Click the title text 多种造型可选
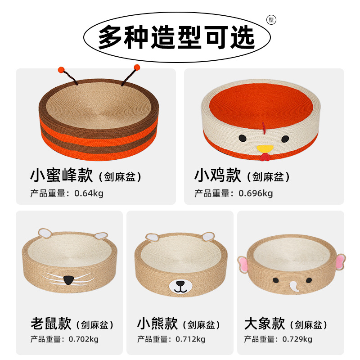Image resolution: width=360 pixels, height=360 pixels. [x=177, y=37]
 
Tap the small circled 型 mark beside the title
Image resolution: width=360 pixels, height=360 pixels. [x=271, y=20]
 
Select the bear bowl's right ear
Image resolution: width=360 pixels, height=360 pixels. [x=207, y=235]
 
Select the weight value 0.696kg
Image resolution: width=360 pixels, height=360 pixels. [x=256, y=193]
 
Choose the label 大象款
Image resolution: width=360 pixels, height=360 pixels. [x=265, y=323]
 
